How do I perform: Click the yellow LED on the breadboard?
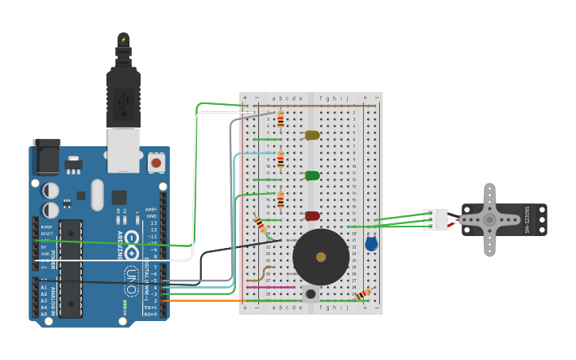pos(312,135)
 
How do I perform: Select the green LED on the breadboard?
pos(312,176)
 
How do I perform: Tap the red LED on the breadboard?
pos(312,215)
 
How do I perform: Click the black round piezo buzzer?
pos(321,257)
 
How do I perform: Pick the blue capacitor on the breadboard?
pos(371,244)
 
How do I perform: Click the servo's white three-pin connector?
pos(435,219)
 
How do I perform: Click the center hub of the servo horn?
pos(489,219)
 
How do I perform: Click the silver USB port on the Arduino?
pos(123,151)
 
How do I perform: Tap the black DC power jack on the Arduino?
pos(46,157)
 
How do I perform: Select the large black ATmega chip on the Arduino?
pos(71,268)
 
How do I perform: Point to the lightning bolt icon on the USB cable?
pos(123,40)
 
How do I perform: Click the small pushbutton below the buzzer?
pos(311,294)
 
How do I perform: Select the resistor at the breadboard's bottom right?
pos(363,294)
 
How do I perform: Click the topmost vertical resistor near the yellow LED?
pos(280,119)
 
